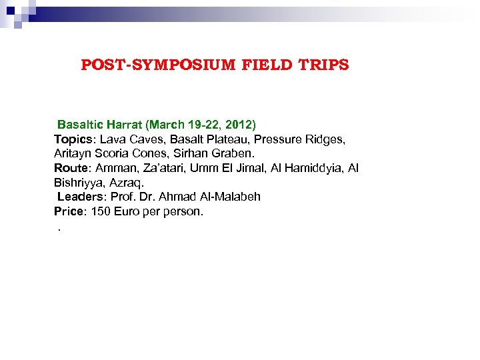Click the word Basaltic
tap(79, 125)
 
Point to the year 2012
tap(238, 125)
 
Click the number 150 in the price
tap(101, 211)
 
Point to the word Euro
tap(130, 211)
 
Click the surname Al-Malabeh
tap(230, 197)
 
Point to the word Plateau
tap(227, 139)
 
